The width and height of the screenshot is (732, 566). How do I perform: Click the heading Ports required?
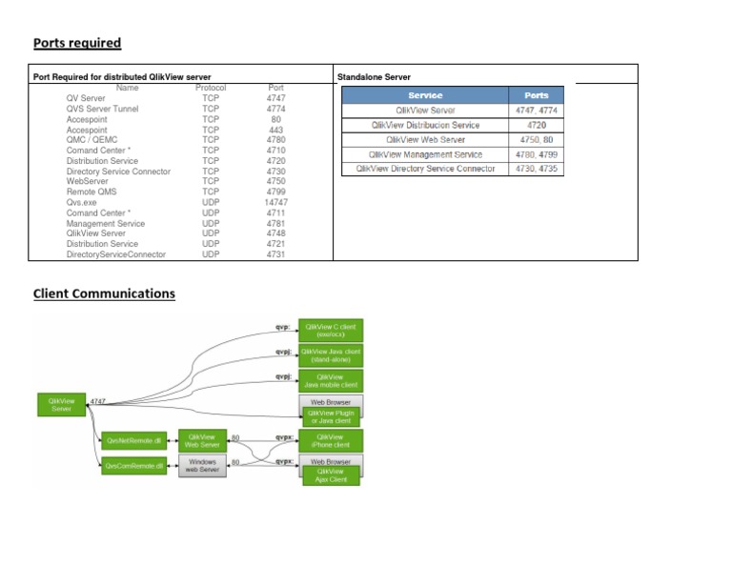pyautogui.click(x=77, y=43)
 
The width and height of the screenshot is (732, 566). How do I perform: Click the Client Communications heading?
pyautogui.click(x=104, y=293)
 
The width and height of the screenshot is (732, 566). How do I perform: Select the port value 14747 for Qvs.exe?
pyautogui.click(x=276, y=203)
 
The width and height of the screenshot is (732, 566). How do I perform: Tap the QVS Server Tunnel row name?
pyautogui.click(x=102, y=109)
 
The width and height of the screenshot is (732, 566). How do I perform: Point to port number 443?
pyautogui.click(x=276, y=130)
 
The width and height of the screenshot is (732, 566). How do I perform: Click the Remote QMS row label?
pyautogui.click(x=91, y=192)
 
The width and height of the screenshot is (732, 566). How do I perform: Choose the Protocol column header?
pyautogui.click(x=211, y=88)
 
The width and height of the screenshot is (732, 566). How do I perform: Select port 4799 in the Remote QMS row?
pyautogui.click(x=276, y=192)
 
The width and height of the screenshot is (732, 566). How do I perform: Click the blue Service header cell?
pyautogui.click(x=425, y=95)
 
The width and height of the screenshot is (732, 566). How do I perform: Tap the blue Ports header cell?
pyautogui.click(x=536, y=95)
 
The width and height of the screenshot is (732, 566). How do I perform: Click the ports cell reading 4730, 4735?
pyautogui.click(x=536, y=169)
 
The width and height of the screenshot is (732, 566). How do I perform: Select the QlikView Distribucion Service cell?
pyautogui.click(x=425, y=125)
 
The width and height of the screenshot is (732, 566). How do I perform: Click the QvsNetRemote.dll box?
pyautogui.click(x=134, y=440)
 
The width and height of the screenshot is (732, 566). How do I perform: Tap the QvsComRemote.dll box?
pyautogui.click(x=134, y=466)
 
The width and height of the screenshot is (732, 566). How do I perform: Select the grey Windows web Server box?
pyautogui.click(x=202, y=466)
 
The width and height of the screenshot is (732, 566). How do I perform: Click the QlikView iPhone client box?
pyautogui.click(x=330, y=440)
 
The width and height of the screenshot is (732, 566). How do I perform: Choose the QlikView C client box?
pyautogui.click(x=330, y=330)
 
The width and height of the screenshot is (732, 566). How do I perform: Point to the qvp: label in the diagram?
pyautogui.click(x=282, y=328)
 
